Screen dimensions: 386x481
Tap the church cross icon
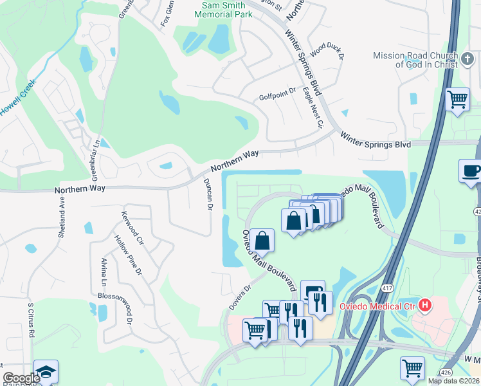pos(467,61)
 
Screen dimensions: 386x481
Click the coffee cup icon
pos(471,170)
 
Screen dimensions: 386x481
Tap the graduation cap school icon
pos(46,371)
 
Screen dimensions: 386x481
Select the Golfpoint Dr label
pos(277,97)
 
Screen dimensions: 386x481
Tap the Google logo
pos(21,378)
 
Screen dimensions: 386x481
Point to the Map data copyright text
pos(453,381)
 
